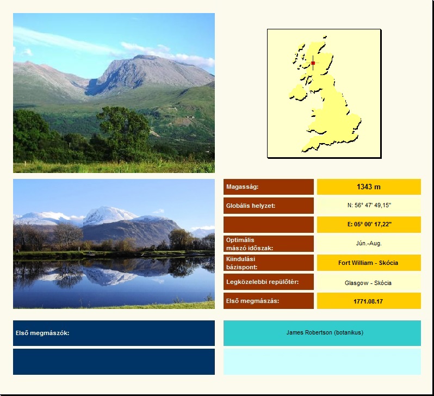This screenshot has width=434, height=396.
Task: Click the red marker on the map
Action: pos(313,63)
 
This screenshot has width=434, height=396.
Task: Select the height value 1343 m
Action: pos(369,187)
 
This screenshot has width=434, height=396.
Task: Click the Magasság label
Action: pos(242,187)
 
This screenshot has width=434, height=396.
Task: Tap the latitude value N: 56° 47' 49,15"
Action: pos(369,205)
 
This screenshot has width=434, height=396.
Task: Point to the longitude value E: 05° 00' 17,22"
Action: pos(369,224)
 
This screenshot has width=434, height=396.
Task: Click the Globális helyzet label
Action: pos(251,206)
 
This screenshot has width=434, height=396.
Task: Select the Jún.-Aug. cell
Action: pos(369,243)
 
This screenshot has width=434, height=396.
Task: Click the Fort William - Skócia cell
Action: pos(368,263)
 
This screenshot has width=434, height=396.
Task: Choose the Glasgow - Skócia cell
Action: pos(368,283)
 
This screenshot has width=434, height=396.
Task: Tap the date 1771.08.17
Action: pos(368,301)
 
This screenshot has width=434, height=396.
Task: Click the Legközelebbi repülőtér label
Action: pos(262,282)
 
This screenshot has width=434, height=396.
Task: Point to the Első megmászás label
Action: pos(253,301)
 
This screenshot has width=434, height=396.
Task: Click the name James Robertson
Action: pos(309,332)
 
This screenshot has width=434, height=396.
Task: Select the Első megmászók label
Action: pos(42,333)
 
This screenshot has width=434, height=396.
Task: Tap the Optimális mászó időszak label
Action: pos(250,244)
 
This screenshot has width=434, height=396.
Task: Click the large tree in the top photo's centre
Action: pos(125,130)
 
